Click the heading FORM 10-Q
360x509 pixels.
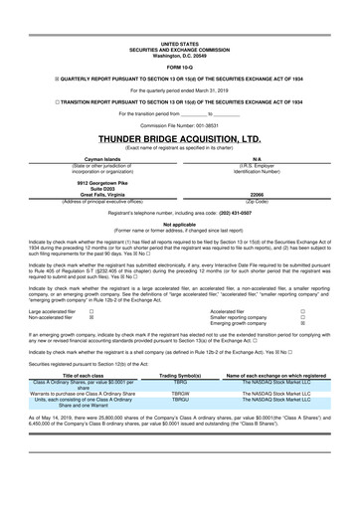point(180,39)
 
